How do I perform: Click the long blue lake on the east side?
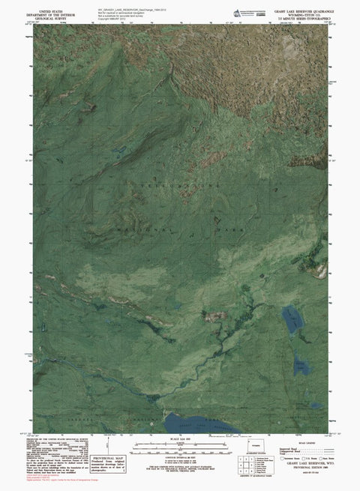point(289,320)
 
